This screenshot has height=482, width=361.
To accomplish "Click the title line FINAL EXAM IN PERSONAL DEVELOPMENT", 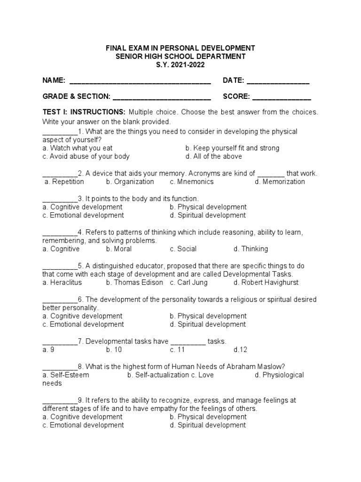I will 180,48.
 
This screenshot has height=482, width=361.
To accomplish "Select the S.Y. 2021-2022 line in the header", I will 180,65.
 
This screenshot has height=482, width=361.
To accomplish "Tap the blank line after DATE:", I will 278,81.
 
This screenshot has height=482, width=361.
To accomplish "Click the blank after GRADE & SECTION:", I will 162,97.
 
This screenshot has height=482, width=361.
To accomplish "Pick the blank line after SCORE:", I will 282,97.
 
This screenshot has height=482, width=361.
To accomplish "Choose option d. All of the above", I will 213,156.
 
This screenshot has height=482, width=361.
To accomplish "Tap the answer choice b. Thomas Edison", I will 134,282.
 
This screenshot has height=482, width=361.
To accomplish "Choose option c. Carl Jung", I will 188,282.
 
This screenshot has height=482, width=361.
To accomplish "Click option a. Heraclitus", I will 62,282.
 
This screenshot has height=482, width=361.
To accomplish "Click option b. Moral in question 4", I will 119,249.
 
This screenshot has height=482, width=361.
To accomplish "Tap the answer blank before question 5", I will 60,265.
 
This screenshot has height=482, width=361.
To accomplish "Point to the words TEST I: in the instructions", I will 55,112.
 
